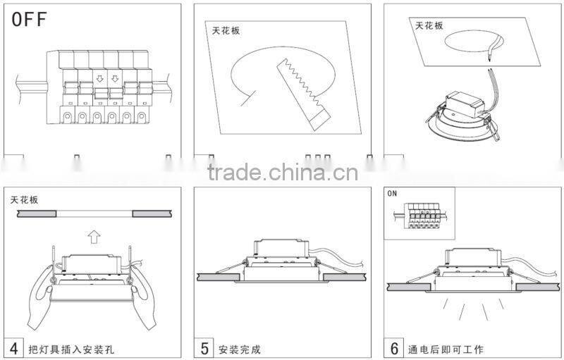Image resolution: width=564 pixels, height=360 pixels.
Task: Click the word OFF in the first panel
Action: coord(30,20)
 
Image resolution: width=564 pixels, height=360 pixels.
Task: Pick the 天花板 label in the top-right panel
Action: coord(429,25)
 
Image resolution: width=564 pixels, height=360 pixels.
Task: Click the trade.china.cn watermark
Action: coord(282,171)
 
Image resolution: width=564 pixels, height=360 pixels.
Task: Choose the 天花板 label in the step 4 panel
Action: coord(25,200)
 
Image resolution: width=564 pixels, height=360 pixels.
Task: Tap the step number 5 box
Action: coord(205,347)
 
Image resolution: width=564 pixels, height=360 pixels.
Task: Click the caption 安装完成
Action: coord(240,349)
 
